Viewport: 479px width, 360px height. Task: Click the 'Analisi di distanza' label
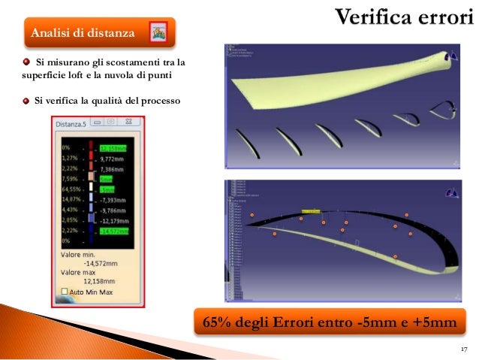point(82,33)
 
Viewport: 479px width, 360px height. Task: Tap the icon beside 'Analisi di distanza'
point(158,32)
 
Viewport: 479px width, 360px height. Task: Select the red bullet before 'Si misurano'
point(26,62)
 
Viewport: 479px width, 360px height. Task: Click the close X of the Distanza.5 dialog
point(130,121)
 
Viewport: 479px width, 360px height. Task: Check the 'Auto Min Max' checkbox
point(65,291)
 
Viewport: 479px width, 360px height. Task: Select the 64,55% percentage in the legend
point(70,190)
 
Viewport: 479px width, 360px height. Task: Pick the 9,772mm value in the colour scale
point(110,159)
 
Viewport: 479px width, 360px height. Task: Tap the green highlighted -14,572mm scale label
point(113,232)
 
